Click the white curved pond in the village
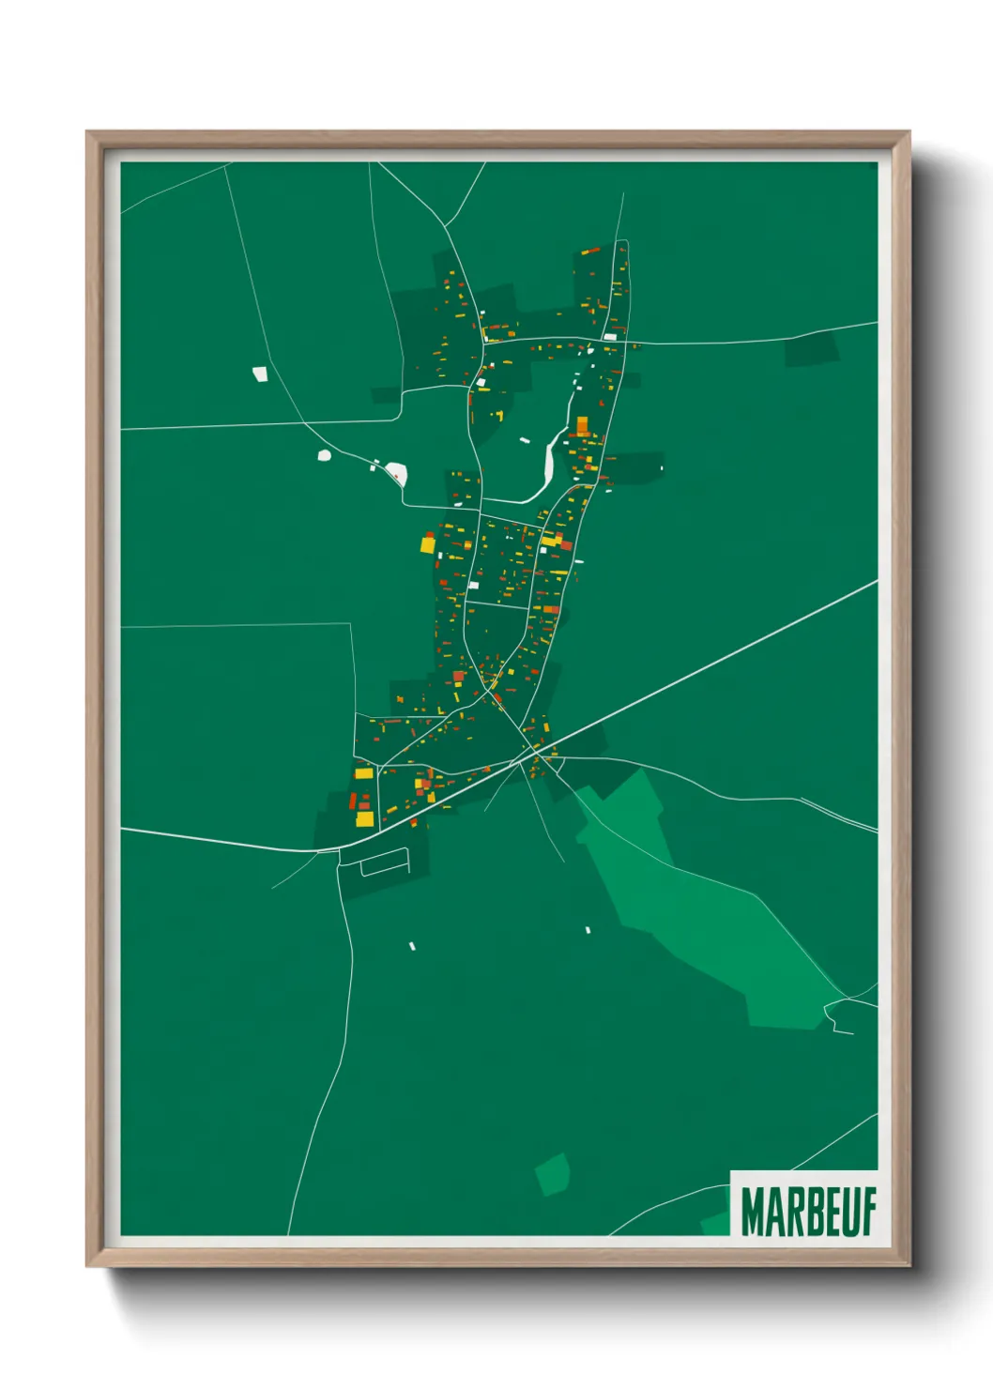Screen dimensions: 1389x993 (548, 465)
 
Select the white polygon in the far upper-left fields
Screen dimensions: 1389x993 (261, 374)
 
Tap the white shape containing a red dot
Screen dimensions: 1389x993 (396, 472)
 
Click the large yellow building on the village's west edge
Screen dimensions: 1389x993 (427, 544)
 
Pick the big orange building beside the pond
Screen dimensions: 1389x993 (582, 426)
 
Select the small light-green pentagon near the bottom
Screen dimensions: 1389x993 (553, 1174)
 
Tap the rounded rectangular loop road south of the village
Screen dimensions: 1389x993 (385, 862)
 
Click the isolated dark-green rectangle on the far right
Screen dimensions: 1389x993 (811, 348)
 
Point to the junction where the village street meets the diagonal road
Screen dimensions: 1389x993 (536, 752)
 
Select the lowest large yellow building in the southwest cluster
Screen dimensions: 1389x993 (364, 819)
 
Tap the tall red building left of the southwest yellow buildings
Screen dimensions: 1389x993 (353, 801)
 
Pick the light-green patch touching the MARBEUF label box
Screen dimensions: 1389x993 (715, 1223)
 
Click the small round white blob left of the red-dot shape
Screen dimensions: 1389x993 (325, 455)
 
